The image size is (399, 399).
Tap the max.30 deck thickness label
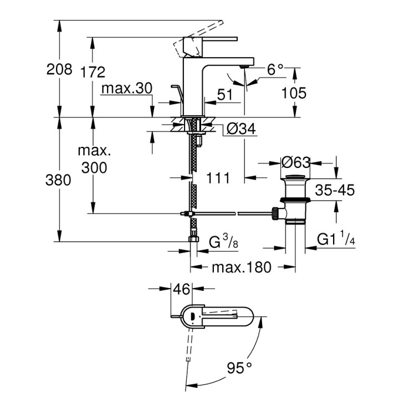(x=126, y=89)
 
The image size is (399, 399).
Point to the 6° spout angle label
(x=275, y=70)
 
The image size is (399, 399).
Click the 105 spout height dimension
(x=294, y=93)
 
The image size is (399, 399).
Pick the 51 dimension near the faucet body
(x=224, y=95)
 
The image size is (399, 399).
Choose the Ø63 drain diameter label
(x=295, y=163)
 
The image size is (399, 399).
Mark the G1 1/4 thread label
(x=336, y=239)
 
